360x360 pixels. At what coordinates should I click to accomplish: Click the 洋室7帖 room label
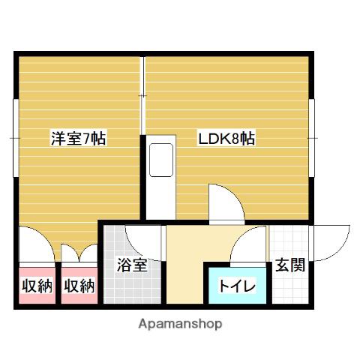[79, 138]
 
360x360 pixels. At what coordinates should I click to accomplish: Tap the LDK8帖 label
[226, 138]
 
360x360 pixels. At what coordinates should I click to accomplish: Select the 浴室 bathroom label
[132, 265]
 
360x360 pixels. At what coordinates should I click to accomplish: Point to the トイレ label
[237, 286]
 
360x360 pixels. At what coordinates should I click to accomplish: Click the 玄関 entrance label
[290, 265]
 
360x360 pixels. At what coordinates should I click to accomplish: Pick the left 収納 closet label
[37, 286]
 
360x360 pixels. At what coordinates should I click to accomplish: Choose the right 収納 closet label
[79, 286]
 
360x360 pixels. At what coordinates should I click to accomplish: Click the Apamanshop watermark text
[180, 324]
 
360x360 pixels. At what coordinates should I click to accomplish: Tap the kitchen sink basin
[161, 160]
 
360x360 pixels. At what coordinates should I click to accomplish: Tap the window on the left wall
[16, 138]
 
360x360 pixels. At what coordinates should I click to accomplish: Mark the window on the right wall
[311, 138]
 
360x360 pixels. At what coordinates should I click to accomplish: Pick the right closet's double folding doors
[79, 253]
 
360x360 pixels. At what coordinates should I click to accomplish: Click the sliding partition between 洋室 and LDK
[142, 95]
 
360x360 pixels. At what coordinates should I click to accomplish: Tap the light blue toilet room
[237, 286]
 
